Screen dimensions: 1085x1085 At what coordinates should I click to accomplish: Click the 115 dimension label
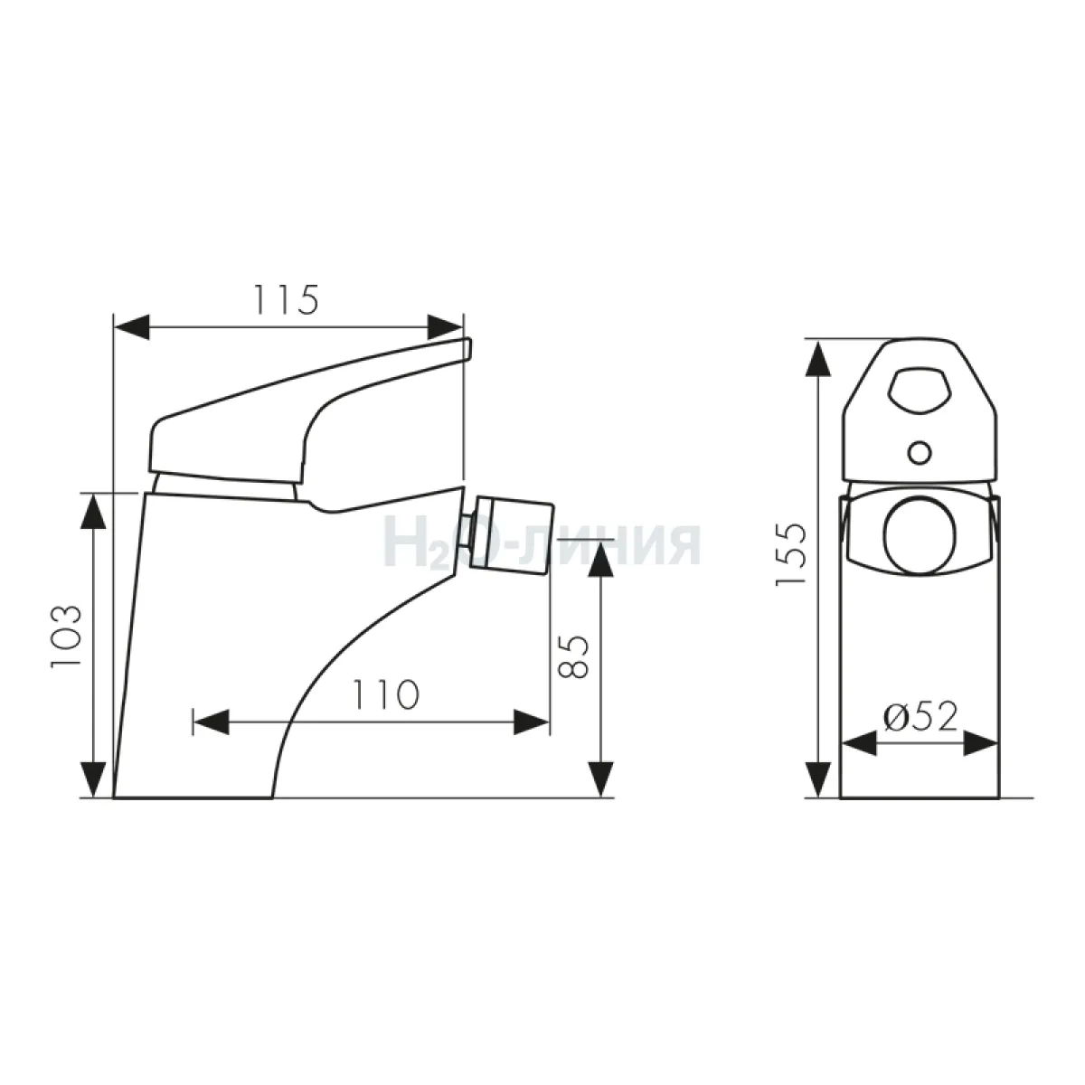tap(286, 300)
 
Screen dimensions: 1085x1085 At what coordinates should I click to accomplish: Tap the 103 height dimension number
tap(66, 637)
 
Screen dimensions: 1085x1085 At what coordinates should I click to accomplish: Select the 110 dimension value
tap(386, 694)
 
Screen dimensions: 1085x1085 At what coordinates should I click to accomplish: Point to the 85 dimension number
tap(573, 656)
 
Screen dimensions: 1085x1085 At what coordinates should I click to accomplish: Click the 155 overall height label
tap(791, 555)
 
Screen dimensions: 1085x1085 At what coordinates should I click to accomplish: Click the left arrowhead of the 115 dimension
tap(132, 327)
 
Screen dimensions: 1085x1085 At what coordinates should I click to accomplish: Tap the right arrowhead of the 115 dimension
tap(445, 327)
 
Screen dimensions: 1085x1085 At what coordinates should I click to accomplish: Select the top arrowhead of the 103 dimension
tap(93, 511)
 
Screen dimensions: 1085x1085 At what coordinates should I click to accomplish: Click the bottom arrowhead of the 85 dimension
tap(600, 779)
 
